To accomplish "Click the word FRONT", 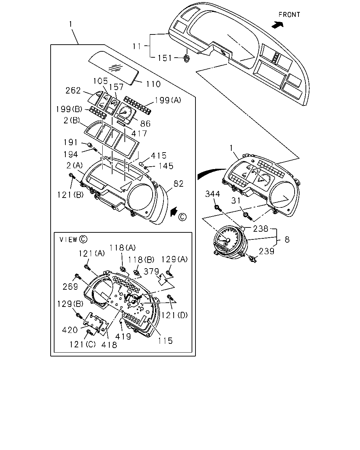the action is pos(289,15).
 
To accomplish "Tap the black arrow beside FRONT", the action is pos(277,25).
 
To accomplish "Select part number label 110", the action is pos(153,84).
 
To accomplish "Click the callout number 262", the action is pos(73,91).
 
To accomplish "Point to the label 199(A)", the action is pos(168,100).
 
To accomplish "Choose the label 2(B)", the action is pos(72,120).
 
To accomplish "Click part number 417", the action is pos(139,133).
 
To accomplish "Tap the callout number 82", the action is pos(179,184).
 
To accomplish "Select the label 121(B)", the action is pos(71,195).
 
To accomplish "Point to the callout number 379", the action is pos(152,271).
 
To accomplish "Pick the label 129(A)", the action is pos(174,259).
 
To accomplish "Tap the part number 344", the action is pos(212,194).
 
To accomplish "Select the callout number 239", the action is pos(266,251).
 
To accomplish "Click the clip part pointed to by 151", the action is pos(187,58).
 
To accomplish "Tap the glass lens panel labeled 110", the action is pos(114,67).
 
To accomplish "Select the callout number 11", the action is pos(137,46).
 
